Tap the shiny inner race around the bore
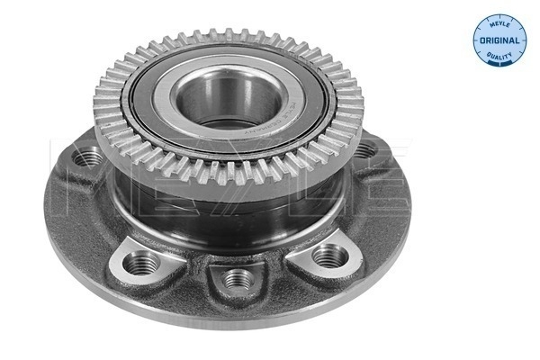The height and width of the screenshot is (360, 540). (x=194, y=94)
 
